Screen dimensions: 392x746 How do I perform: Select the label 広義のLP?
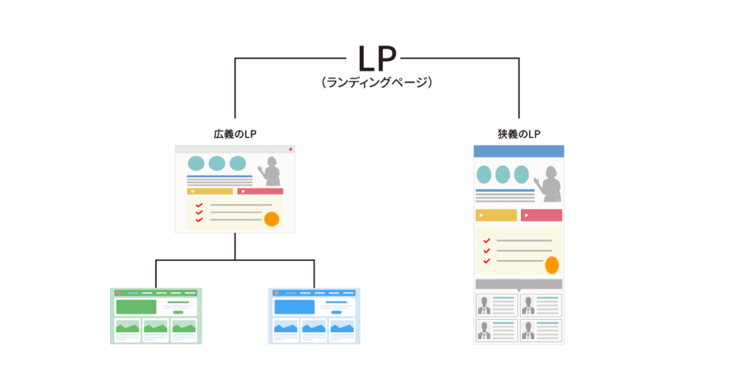tap(234, 134)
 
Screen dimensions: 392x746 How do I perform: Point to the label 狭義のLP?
tap(518, 134)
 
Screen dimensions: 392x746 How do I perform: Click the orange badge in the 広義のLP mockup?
tap(272, 219)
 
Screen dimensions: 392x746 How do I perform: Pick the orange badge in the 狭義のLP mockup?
tap(552, 264)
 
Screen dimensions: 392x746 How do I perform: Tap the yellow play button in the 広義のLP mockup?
tap(210, 192)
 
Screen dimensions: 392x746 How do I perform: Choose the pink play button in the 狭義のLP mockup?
tap(541, 215)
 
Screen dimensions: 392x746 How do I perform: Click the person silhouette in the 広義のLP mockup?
tap(271, 172)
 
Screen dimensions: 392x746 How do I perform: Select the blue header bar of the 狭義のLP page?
tap(518, 151)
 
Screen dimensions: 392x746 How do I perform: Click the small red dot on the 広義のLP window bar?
tap(290, 149)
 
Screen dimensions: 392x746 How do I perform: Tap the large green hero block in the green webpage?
tap(136, 307)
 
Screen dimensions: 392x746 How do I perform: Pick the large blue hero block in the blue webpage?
tap(294, 307)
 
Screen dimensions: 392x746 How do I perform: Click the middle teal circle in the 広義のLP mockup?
tap(217, 163)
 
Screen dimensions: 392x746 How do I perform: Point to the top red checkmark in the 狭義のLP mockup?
tap(486, 240)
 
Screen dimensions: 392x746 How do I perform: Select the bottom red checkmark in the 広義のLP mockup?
tap(199, 220)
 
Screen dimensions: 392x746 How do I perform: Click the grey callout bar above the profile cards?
tap(518, 283)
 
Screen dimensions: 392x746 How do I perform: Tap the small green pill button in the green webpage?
tap(178, 312)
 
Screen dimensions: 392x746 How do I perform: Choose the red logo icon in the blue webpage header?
tap(276, 293)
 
